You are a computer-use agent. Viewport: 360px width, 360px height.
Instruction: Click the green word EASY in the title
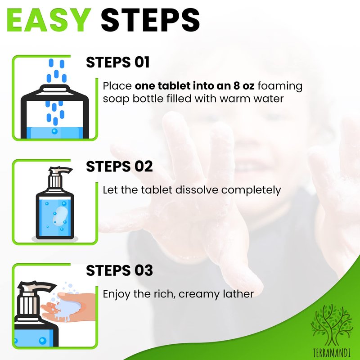pos(49,20)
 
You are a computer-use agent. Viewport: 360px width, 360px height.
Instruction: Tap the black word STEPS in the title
pos(150,20)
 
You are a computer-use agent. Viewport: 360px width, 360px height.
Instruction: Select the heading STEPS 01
pos(118,62)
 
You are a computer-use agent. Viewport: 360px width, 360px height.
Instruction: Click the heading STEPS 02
pos(119,166)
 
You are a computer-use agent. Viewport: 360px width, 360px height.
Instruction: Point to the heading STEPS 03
pos(119,270)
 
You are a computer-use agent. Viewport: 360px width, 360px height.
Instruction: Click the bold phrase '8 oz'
pos(244,85)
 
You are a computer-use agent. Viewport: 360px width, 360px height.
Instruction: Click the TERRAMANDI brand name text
pos(332,353)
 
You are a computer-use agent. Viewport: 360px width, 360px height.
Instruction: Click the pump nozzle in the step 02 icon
pos(60,170)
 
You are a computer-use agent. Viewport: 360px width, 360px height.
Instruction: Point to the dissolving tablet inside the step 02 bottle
pos(60,215)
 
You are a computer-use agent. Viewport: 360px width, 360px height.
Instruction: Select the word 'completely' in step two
pos(251,190)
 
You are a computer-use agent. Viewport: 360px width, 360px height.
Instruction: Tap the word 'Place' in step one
pos(117,86)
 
